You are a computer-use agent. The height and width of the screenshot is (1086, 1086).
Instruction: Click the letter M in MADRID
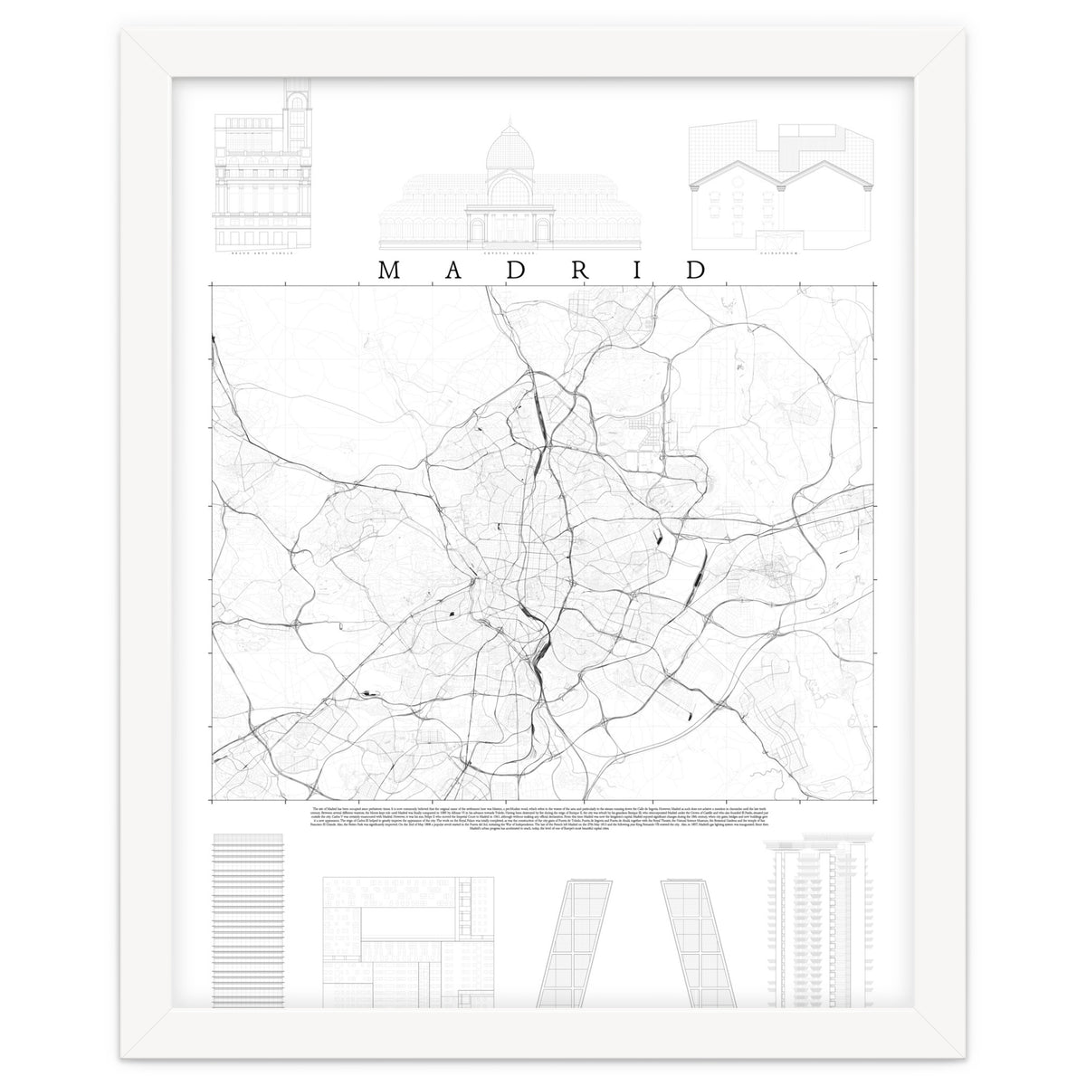click(x=386, y=270)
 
